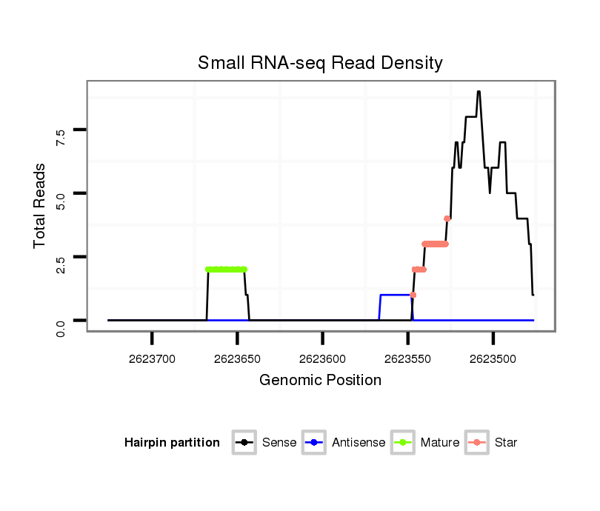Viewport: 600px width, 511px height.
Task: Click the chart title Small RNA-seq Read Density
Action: [x=320, y=63]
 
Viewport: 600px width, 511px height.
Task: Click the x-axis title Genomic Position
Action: [x=320, y=381]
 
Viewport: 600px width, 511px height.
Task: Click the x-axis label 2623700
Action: [x=152, y=359]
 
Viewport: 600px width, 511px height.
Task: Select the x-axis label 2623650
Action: [x=237, y=359]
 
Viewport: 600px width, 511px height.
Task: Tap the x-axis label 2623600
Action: [x=322, y=359]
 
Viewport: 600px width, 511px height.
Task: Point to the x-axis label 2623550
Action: [x=408, y=359]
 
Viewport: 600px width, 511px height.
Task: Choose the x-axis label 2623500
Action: [x=493, y=359]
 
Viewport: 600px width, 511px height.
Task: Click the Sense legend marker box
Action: [x=244, y=443]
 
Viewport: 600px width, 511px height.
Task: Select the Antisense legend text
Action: [x=359, y=443]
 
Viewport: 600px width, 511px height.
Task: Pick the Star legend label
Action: [x=507, y=443]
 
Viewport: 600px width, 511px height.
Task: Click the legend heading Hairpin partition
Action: [x=172, y=443]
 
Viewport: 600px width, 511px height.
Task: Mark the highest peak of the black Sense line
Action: [x=479, y=92]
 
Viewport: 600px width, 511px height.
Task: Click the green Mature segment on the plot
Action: [x=226, y=270]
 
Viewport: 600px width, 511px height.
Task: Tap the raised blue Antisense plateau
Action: [x=395, y=295]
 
